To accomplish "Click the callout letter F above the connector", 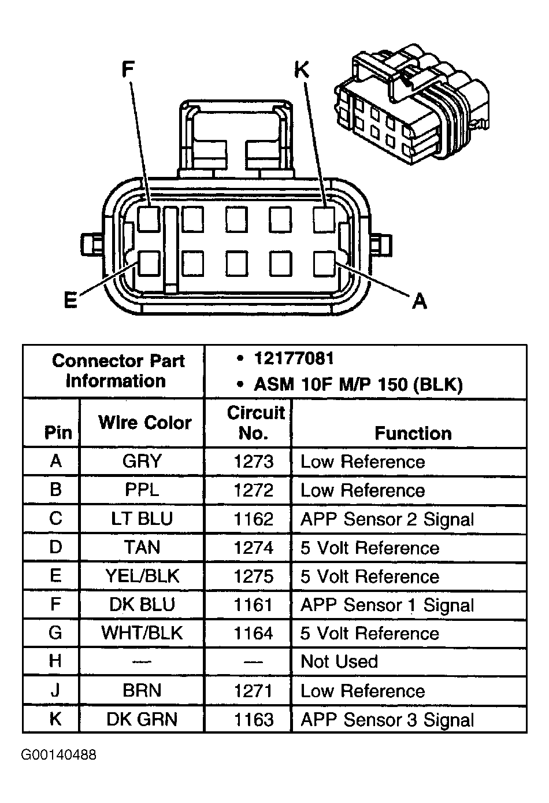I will coord(128,69).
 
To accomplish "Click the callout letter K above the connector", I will coord(302,69).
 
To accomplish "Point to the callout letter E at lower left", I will coord(71,301).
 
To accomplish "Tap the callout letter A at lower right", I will coord(420,301).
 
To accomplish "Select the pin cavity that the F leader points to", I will coord(149,219).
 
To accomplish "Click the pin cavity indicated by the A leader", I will coord(324,264).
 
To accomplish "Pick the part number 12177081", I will coord(294,358).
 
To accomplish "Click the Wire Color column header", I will coord(144,423).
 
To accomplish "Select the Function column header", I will coord(413,433).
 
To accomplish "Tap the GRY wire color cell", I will coord(142,461).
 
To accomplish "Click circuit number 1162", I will coord(253,519).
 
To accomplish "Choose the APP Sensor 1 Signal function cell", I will coord(387,605).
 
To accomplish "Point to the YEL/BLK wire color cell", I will coord(142,576).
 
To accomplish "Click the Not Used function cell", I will coord(339,661).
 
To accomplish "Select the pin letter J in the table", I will coord(55,690).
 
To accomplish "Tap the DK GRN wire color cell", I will coord(142,719).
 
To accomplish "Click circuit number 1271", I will coord(253,690).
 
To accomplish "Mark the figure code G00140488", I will coord(59,755).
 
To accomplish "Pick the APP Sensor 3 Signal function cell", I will coord(387,720).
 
